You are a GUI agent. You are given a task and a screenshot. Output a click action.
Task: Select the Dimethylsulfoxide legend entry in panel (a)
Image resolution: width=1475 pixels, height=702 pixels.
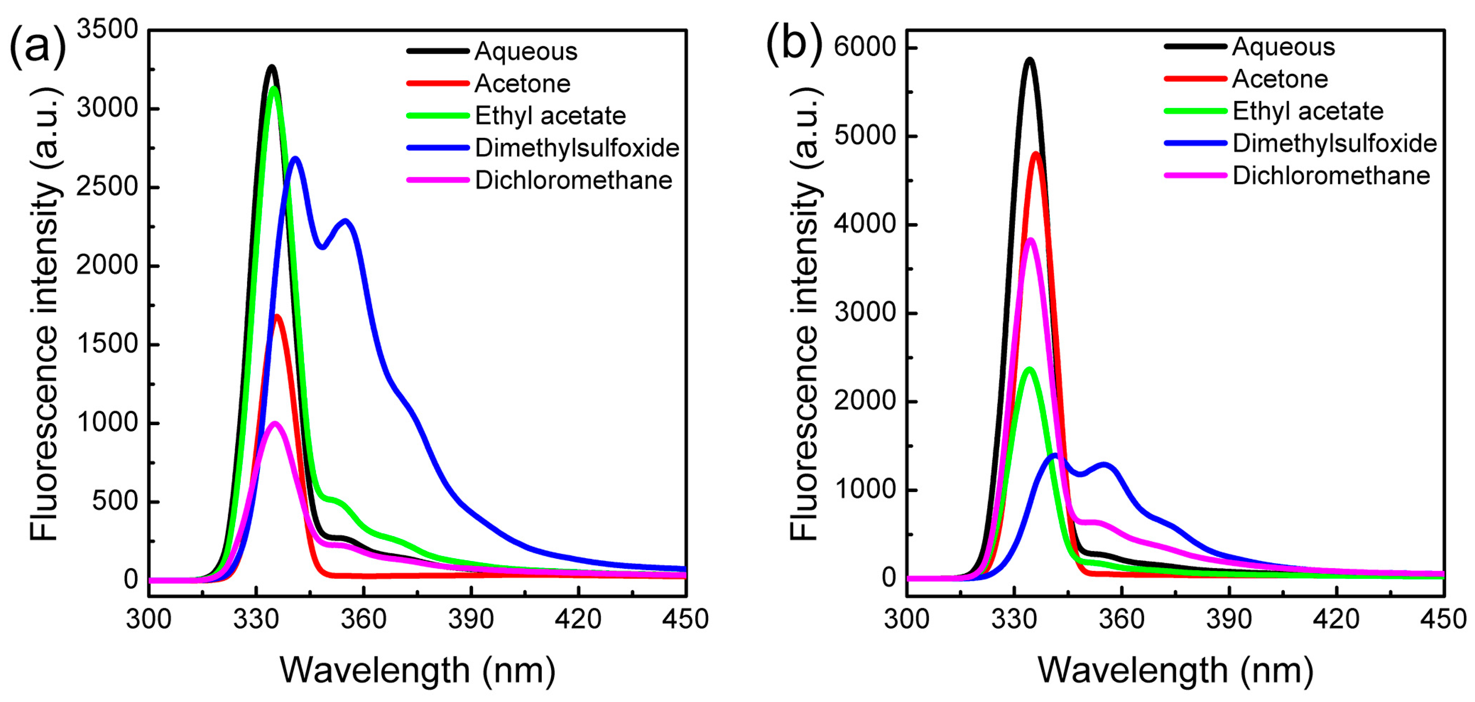point(576,148)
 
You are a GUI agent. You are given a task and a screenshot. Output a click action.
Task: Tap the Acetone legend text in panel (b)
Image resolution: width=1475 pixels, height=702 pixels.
point(1280,79)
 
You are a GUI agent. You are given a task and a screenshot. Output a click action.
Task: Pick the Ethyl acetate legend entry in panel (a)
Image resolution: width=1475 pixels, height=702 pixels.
point(550,116)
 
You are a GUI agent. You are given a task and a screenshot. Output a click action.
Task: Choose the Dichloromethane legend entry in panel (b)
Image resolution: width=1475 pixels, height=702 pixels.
point(1331,175)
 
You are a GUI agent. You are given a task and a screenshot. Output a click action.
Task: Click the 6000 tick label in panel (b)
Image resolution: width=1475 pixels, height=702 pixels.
point(865,47)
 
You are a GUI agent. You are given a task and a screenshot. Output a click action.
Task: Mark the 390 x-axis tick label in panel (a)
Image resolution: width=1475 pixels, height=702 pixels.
point(471,619)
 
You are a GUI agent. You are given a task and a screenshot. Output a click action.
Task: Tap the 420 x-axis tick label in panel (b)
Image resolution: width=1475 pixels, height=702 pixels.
point(1336,619)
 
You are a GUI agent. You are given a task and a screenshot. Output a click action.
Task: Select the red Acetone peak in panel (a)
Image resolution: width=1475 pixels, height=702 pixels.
point(278,316)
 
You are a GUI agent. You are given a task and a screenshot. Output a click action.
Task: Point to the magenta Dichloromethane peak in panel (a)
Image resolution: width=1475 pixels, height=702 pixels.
point(276,424)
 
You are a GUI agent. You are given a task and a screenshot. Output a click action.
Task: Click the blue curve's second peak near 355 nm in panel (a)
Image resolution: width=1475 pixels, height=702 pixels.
point(345,221)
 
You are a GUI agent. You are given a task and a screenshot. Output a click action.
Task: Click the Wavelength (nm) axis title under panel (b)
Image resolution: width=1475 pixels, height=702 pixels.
point(1175,670)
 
